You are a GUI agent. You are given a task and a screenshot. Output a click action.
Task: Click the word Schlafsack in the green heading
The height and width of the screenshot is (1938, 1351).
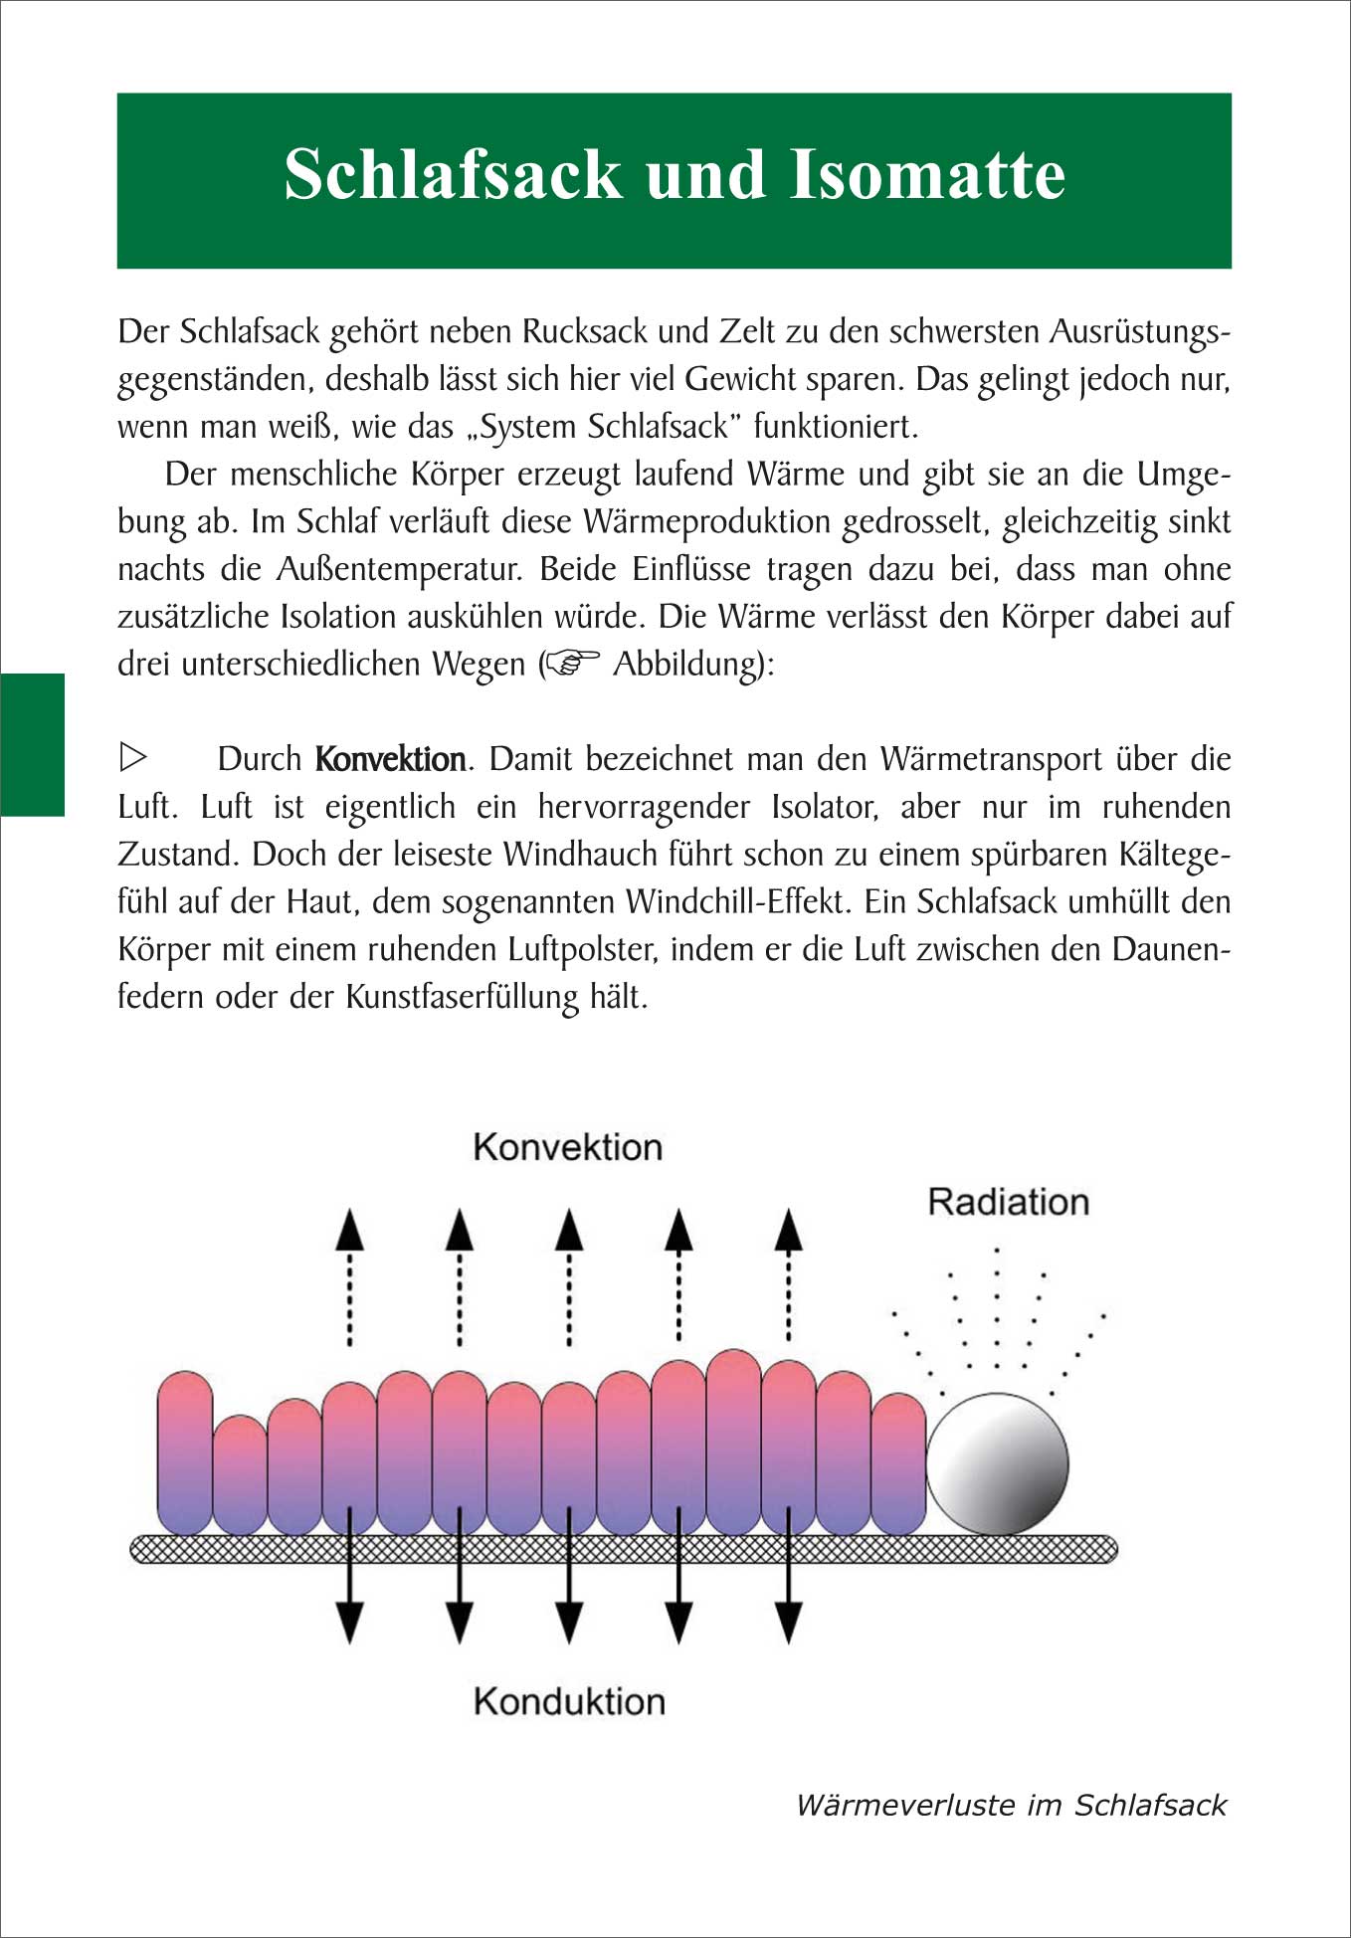454,175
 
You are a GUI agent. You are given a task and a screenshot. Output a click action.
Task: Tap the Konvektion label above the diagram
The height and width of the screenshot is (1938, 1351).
567,1147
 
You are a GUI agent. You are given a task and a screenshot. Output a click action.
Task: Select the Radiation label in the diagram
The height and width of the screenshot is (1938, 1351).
1008,1202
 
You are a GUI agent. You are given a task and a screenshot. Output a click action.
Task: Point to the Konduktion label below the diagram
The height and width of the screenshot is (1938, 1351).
569,1701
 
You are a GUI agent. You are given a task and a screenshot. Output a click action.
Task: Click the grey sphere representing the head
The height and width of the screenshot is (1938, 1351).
997,1463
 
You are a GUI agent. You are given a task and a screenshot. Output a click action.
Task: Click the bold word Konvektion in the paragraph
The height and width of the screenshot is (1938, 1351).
390,760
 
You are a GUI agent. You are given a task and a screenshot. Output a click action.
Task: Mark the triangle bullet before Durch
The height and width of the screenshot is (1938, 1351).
132,758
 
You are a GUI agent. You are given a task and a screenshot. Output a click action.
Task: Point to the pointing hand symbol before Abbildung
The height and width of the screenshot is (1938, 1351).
573,663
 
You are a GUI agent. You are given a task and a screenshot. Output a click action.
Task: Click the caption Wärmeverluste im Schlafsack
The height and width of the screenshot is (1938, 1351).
1011,1806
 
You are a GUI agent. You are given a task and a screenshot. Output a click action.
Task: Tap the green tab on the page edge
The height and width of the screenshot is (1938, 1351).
32,744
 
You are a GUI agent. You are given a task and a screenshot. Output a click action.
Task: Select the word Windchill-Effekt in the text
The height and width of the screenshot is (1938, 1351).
736,902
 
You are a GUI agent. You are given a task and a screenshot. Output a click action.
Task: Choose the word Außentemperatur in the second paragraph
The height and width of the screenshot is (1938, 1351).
398,569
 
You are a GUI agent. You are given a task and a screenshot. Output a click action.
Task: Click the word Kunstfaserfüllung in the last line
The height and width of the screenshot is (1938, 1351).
462,997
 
